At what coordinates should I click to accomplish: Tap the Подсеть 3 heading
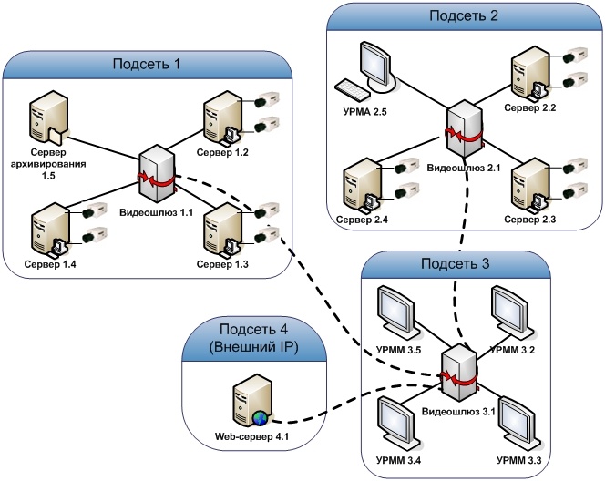(x=456, y=263)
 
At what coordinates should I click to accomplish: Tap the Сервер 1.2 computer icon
(x=223, y=118)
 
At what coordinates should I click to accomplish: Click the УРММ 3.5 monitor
(x=397, y=312)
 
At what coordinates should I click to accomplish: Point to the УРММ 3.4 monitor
(x=397, y=424)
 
